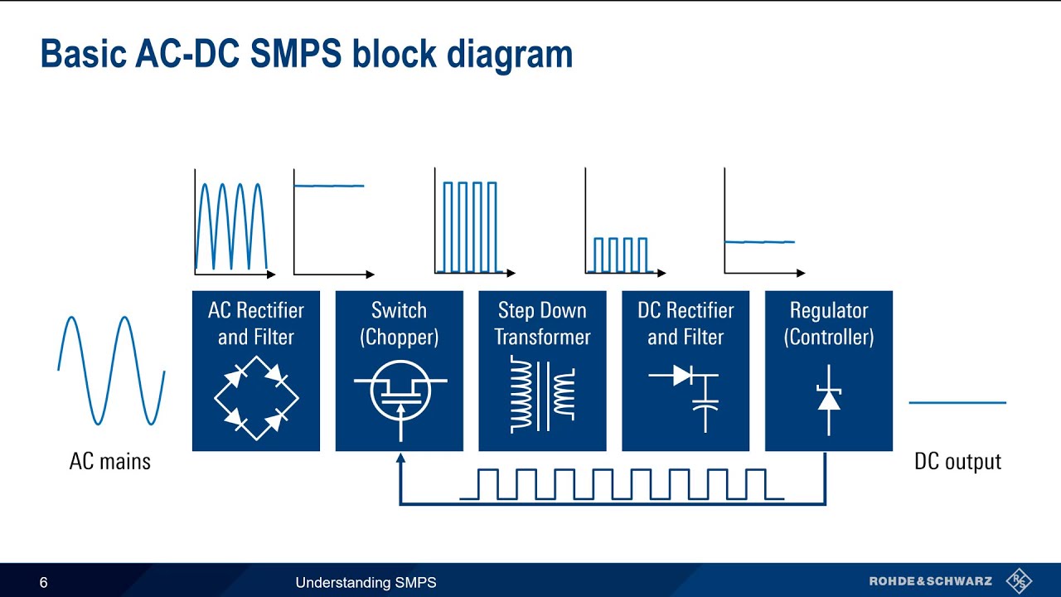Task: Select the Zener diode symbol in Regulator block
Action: (829, 397)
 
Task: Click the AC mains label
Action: (110, 462)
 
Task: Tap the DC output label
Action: (957, 462)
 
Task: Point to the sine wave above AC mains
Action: (111, 370)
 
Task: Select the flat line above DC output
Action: (957, 403)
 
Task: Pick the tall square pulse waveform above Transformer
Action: (469, 226)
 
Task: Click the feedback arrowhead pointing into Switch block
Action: (400, 459)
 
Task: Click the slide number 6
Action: (44, 583)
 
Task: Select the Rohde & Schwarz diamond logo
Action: (1019, 581)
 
